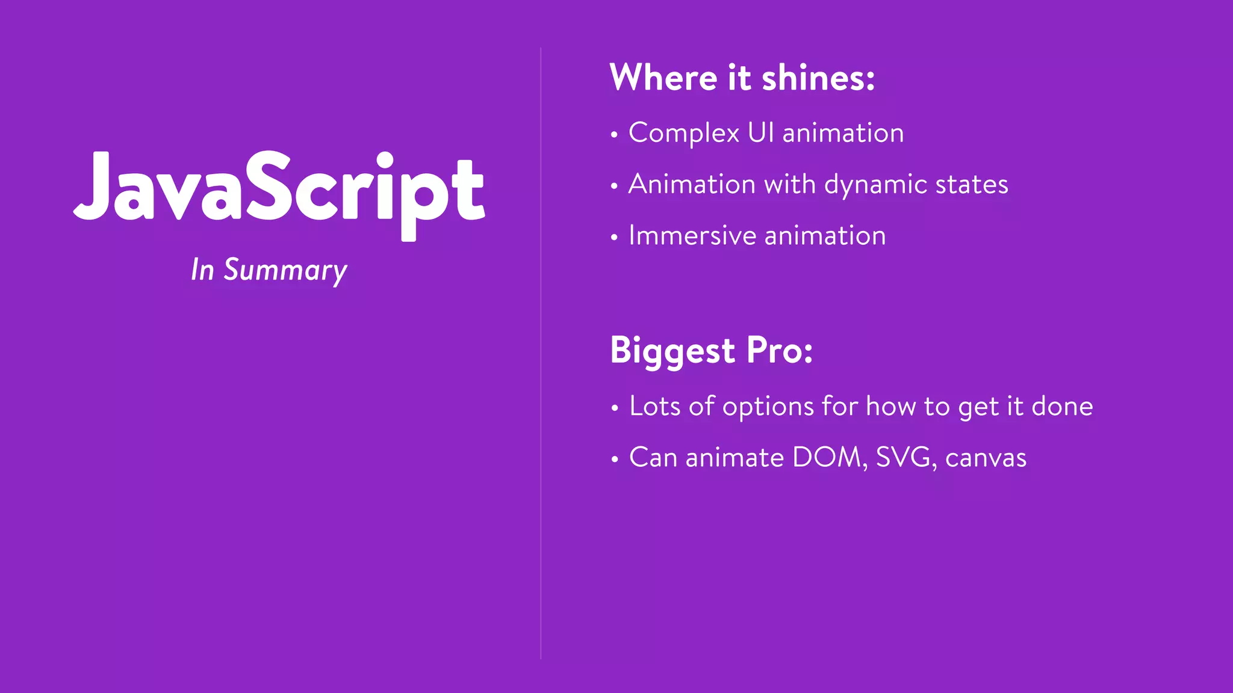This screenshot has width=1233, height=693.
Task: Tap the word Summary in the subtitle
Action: click(x=285, y=270)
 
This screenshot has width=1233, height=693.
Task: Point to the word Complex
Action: click(x=684, y=134)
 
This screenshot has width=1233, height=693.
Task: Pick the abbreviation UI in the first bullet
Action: click(x=761, y=132)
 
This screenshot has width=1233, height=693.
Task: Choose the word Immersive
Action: click(x=692, y=235)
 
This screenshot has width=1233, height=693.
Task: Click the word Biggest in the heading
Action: click(x=672, y=351)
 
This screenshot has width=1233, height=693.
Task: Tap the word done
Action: click(x=1062, y=406)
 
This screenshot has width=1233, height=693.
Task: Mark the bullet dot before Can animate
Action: click(x=615, y=460)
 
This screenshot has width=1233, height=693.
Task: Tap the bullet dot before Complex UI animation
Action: click(x=614, y=135)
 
